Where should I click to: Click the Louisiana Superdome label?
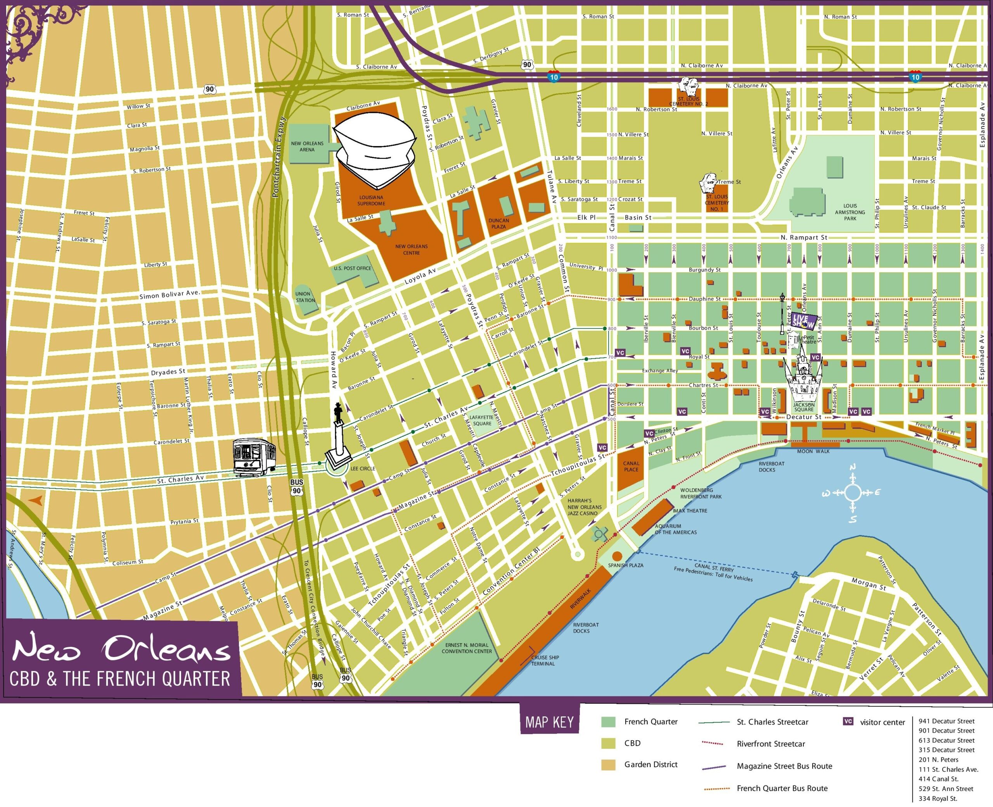tap(371, 200)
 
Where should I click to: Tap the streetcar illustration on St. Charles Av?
tap(254, 456)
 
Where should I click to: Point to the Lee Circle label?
tap(363, 468)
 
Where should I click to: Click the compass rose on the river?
tap(852, 493)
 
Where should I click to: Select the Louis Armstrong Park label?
tap(850, 212)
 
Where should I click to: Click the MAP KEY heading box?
tap(550, 722)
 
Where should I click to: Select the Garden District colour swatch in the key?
tap(608, 764)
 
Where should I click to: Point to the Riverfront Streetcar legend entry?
tap(770, 744)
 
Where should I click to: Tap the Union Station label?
tap(305, 297)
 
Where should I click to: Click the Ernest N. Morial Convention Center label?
tap(466, 648)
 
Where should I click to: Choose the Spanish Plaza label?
tap(625, 565)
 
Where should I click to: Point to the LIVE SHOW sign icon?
tap(804, 320)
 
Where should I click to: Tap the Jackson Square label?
tap(803, 407)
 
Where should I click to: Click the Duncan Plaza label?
tap(498, 224)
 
